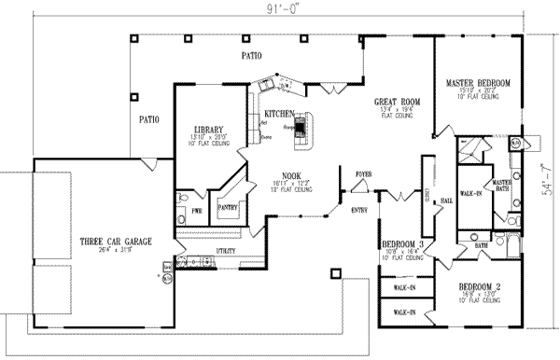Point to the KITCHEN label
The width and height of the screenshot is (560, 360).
pos(279,114)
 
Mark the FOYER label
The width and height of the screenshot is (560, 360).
pos(364,174)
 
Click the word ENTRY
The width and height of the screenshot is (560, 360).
pos(358,210)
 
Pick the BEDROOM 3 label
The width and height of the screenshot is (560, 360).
pos(403,244)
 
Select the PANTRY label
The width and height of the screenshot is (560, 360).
pos(227,209)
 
